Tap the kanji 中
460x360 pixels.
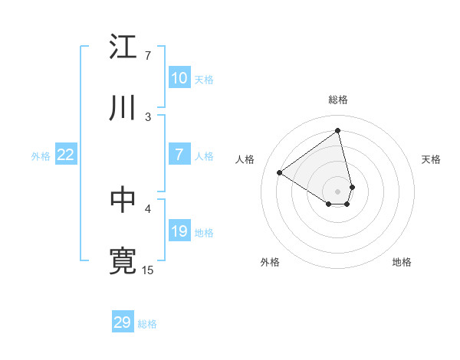[123, 200]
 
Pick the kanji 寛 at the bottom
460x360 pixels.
[123, 261]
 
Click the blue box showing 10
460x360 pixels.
[179, 78]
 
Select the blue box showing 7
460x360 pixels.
[179, 155]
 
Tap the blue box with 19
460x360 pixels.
[179, 231]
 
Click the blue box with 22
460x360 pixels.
[65, 155]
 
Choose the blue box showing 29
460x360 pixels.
[123, 322]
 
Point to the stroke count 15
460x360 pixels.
[148, 270]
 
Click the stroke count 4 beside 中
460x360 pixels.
[148, 208]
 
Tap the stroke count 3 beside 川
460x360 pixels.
[148, 116]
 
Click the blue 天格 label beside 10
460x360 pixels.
[203, 79]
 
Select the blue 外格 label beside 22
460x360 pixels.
[41, 155]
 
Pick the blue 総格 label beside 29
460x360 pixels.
[147, 323]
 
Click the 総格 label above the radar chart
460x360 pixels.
[338, 100]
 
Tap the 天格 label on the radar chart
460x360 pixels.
[431, 159]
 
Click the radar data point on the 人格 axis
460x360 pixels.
[280, 172]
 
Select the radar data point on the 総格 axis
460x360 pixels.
[338, 131]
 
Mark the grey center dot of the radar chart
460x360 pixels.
[338, 191]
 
